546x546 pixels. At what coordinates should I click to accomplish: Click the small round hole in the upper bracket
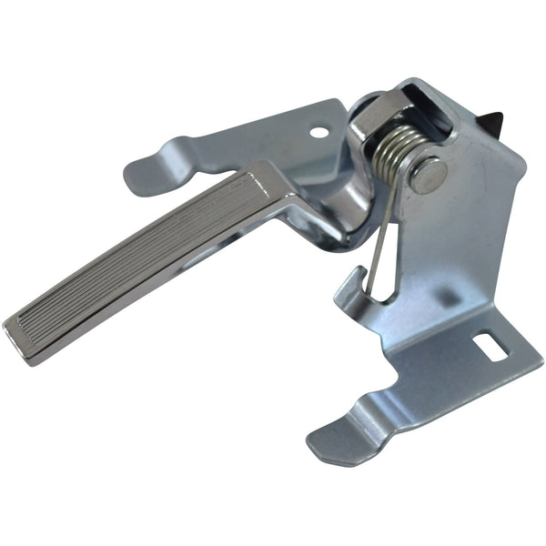click(318, 133)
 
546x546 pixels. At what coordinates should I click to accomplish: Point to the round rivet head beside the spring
click(428, 174)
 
